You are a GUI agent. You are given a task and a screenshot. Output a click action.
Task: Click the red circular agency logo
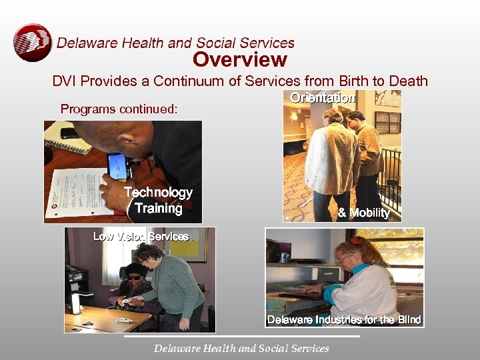[x=32, y=43]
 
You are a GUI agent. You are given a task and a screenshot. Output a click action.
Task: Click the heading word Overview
[x=240, y=59]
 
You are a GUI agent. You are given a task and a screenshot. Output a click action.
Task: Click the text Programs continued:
[x=119, y=108]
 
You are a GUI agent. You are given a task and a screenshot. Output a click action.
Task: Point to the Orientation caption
[x=322, y=98]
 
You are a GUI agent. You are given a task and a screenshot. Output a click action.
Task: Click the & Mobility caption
[x=363, y=213]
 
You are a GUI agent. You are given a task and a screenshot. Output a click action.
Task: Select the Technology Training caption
[x=158, y=200]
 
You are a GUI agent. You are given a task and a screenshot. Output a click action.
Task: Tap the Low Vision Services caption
[x=141, y=236]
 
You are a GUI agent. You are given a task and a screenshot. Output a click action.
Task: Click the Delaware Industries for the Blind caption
[x=344, y=320]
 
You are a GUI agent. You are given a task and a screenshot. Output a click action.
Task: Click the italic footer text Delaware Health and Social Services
[x=241, y=348]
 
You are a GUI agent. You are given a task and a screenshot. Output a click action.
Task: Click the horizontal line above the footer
[x=241, y=337]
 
